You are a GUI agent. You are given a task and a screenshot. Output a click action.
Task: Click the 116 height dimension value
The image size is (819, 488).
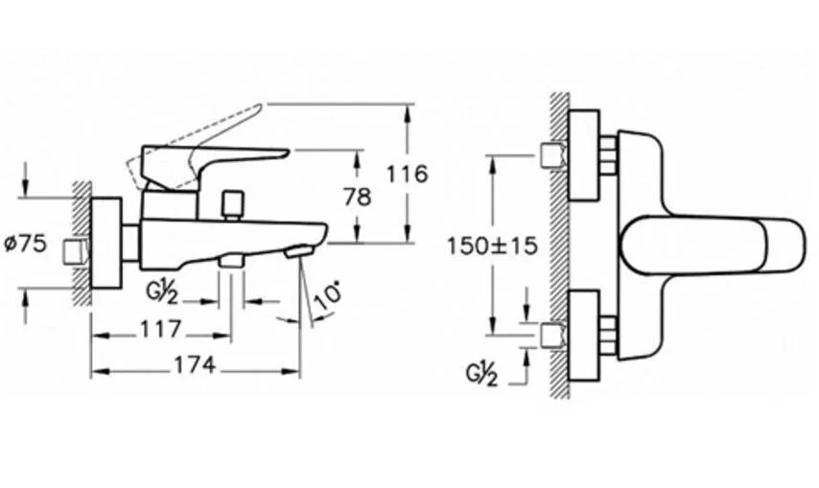pyautogui.click(x=407, y=174)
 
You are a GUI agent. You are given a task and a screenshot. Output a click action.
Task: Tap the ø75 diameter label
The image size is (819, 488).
pyautogui.click(x=26, y=244)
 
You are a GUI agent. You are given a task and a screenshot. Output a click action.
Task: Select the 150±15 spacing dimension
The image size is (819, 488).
pyautogui.click(x=492, y=244)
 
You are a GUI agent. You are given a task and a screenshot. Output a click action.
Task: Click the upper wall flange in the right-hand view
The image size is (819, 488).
pyautogui.click(x=584, y=154)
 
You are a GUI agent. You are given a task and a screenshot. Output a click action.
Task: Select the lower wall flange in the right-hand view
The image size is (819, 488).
pyautogui.click(x=584, y=339)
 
